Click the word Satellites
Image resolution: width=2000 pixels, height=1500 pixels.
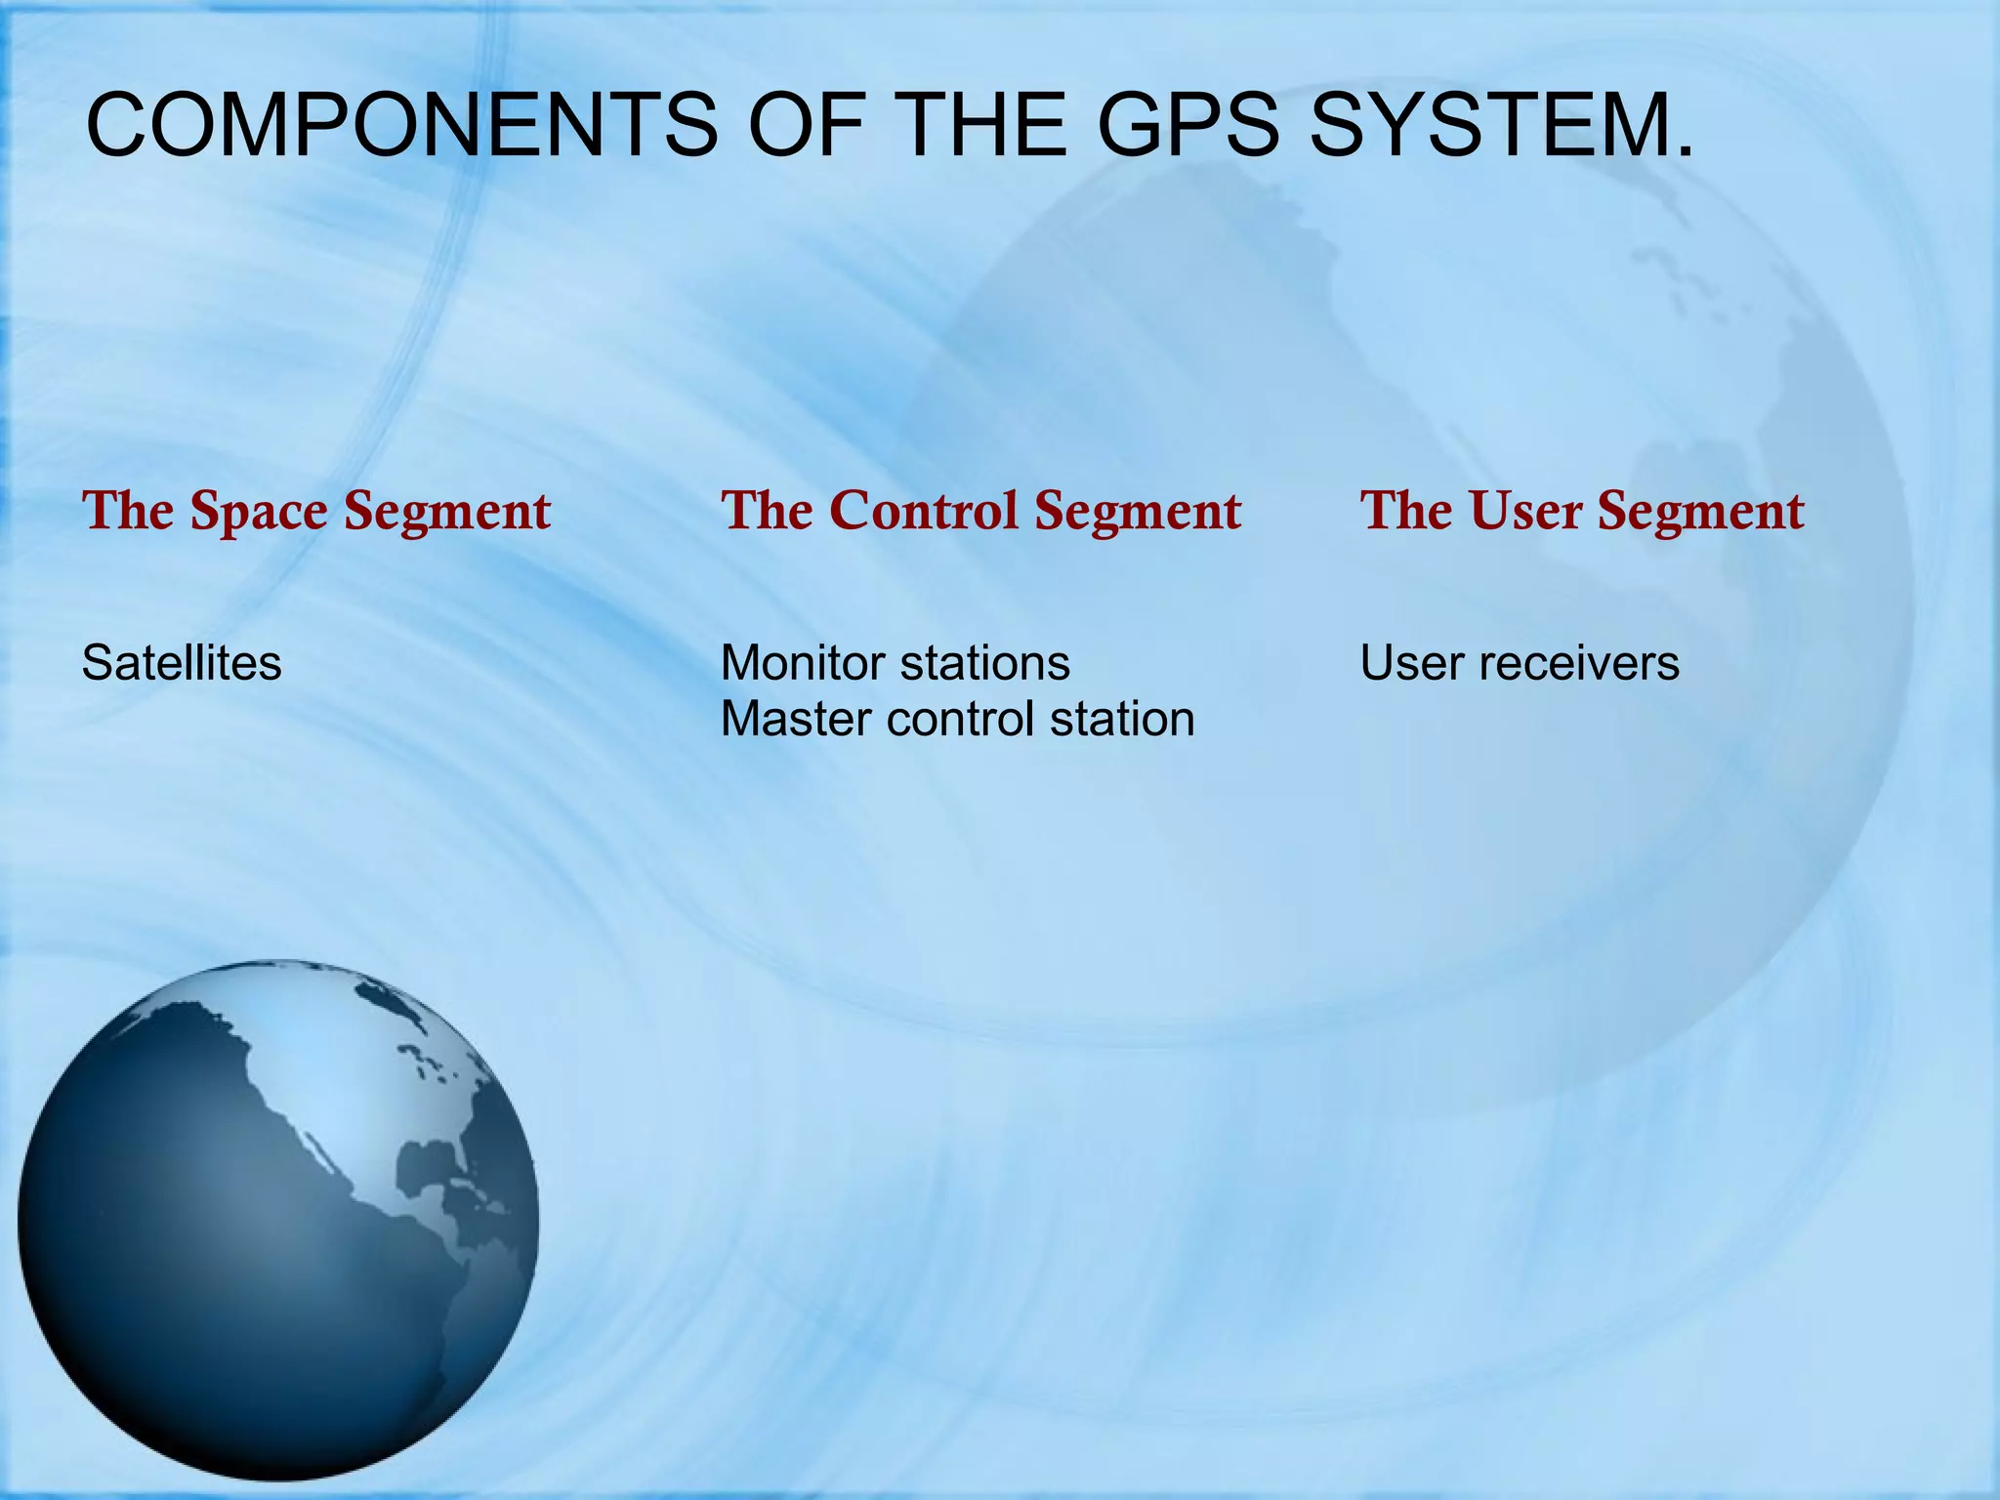pyautogui.click(x=182, y=663)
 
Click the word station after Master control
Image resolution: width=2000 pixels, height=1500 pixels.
pyautogui.click(x=1122, y=720)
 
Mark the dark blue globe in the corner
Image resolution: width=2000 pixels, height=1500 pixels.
pyautogui.click(x=278, y=1221)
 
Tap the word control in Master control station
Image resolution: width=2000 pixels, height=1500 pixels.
pyautogui.click(x=961, y=720)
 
